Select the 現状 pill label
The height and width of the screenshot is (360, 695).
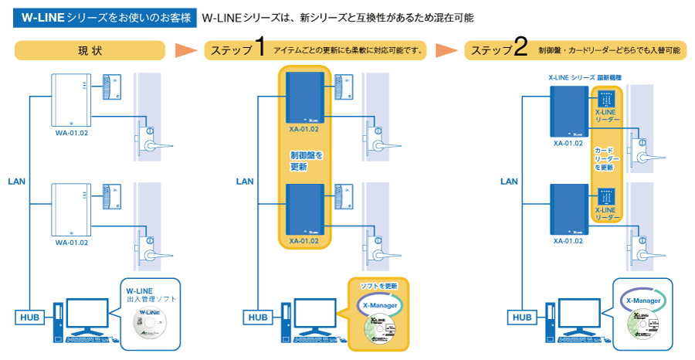90,51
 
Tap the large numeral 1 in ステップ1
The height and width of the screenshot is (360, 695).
259,49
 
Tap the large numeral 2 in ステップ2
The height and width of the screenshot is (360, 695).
520,49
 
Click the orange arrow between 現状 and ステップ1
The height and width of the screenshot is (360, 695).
186,51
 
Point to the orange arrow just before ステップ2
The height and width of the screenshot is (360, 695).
447,51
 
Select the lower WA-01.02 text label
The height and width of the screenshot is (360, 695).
71,242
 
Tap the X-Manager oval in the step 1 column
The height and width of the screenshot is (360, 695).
378,305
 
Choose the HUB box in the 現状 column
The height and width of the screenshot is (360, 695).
29,318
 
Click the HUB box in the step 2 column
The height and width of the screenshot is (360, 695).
523,318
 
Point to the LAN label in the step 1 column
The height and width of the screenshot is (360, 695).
245,182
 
